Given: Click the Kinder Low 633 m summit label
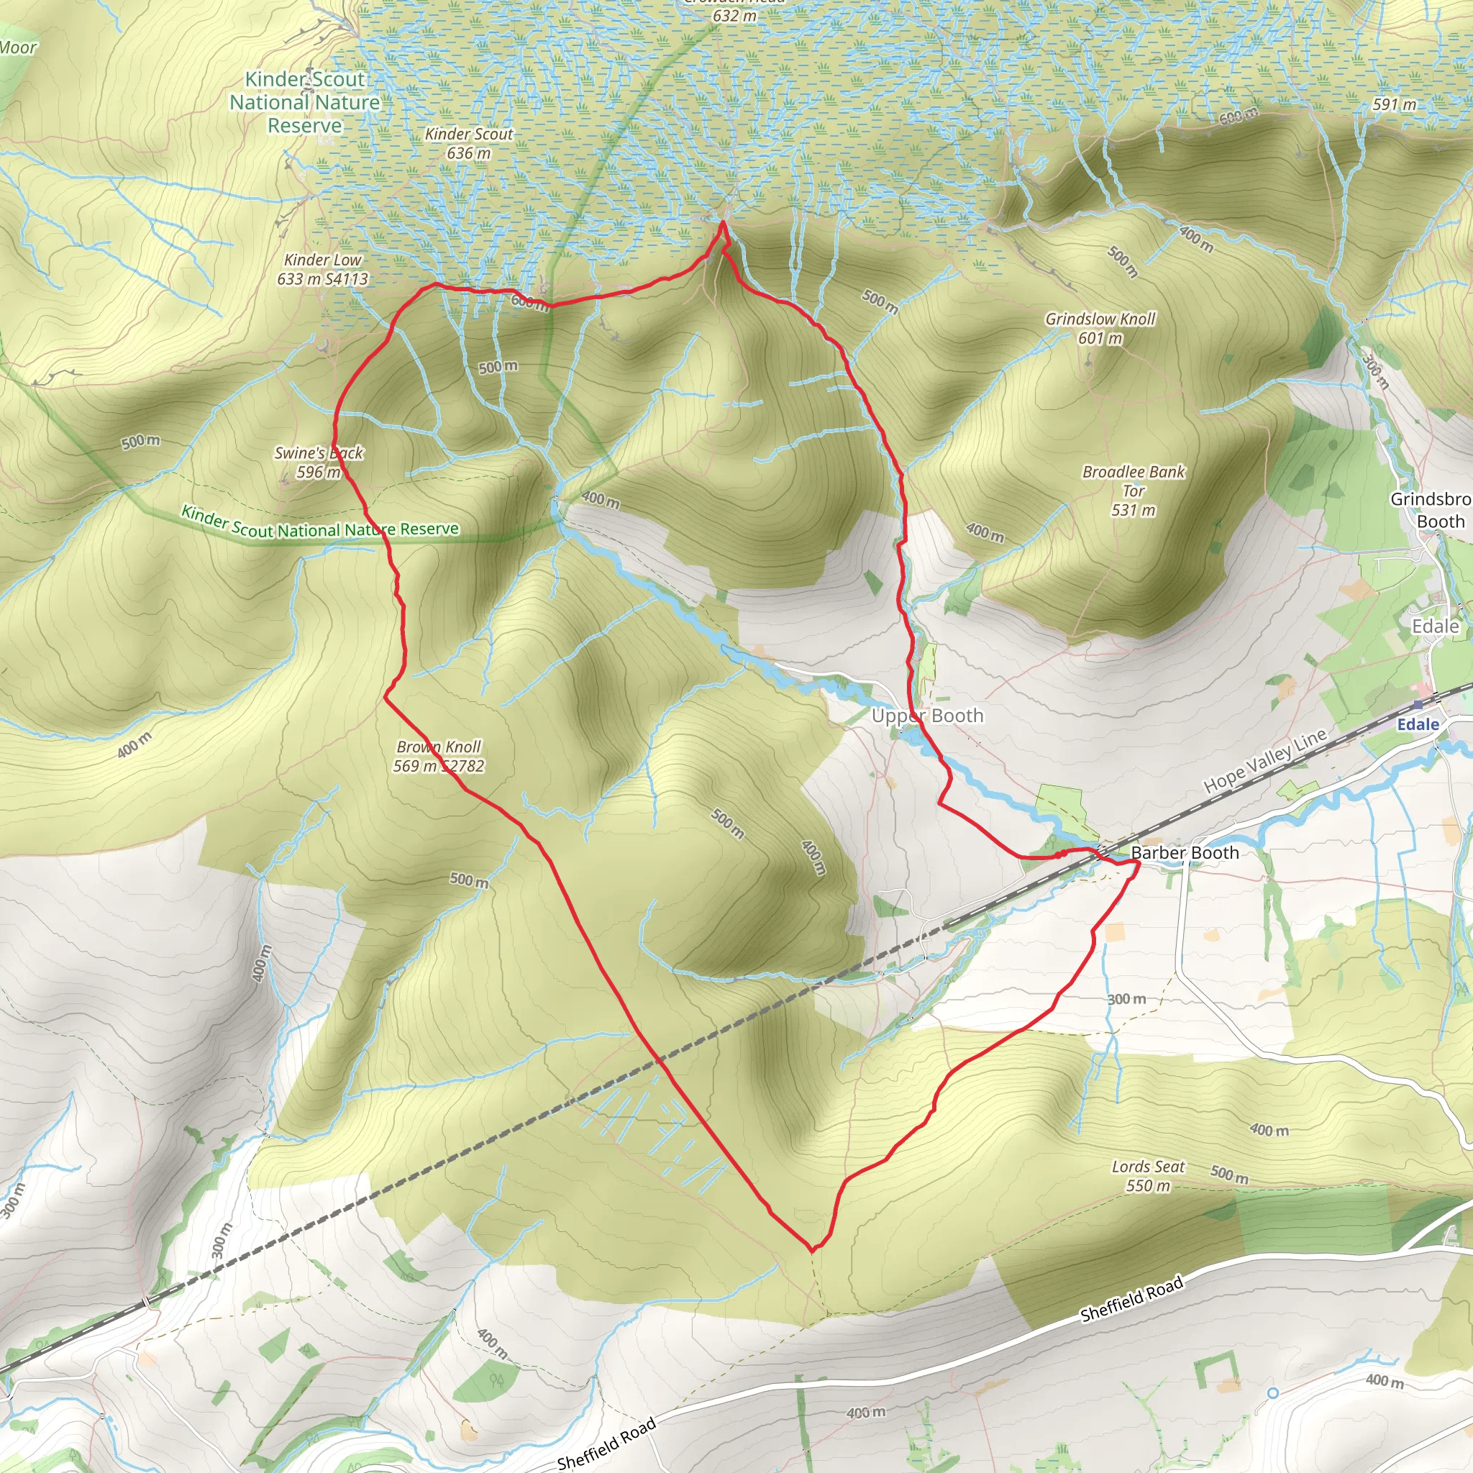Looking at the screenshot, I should (x=322, y=270).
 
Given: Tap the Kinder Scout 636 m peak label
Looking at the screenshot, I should (x=468, y=143).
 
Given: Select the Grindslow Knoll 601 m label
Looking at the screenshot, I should (x=1100, y=328).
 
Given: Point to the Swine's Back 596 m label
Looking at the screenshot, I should (x=319, y=462).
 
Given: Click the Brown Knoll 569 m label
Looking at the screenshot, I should (x=439, y=757).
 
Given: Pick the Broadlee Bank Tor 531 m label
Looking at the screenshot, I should (x=1134, y=491).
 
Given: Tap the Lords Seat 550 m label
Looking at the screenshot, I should (x=1148, y=1176).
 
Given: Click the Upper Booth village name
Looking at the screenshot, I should (x=927, y=716).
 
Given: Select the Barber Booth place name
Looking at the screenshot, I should (x=1185, y=853).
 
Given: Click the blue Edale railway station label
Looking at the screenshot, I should (x=1418, y=724).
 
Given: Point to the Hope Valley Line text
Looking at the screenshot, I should (x=1266, y=761).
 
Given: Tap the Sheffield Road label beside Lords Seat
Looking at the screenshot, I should (x=1131, y=1298).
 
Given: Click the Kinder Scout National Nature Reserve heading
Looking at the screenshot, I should (x=305, y=102).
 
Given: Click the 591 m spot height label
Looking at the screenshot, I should (x=1395, y=104).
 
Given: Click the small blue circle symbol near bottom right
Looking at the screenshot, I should (x=1272, y=1393).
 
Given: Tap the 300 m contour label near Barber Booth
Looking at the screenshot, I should (x=1126, y=999).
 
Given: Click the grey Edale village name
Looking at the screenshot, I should (x=1436, y=626).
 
